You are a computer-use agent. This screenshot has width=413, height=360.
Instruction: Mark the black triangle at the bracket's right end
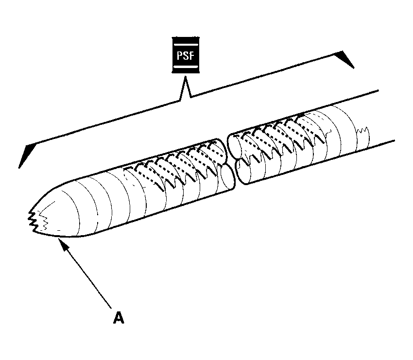coord(346,59)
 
